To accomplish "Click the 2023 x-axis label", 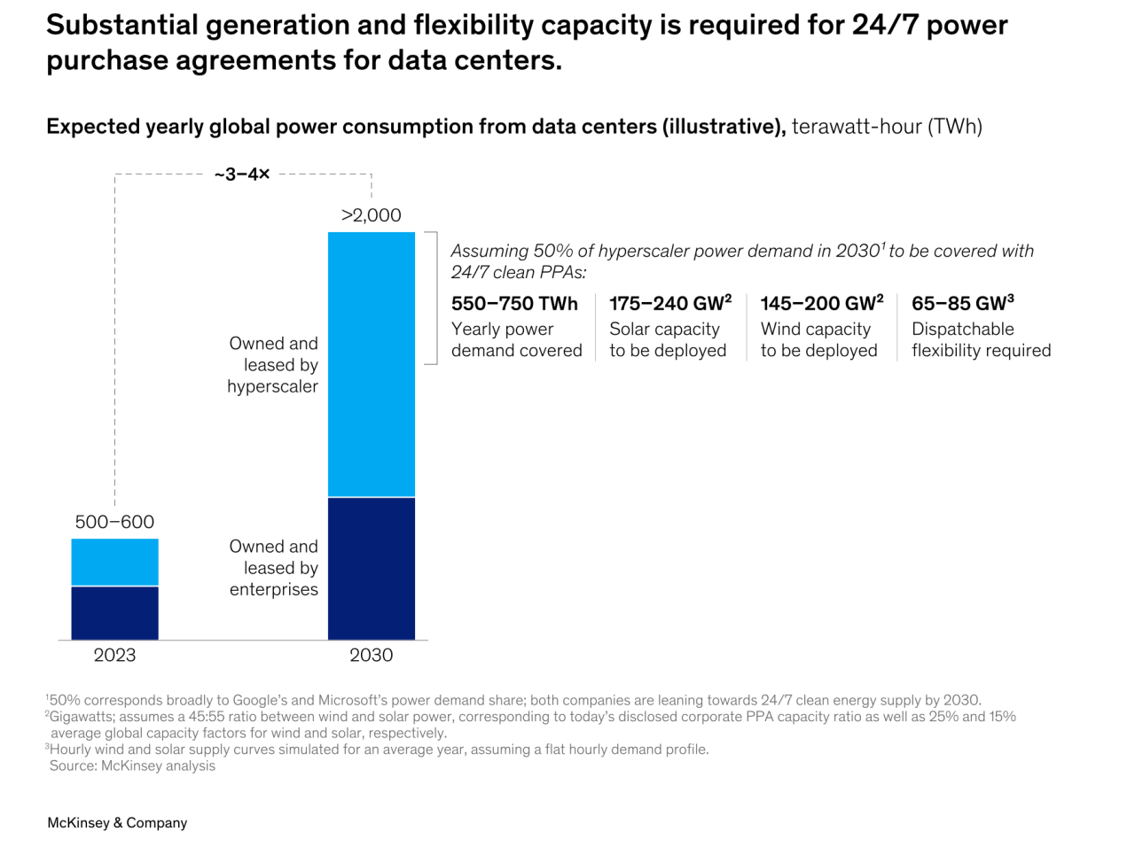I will pyautogui.click(x=115, y=656).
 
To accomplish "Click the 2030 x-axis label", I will pyautogui.click(x=371, y=656).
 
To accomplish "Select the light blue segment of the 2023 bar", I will pyautogui.click(x=115, y=563).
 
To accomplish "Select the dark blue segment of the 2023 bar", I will pyautogui.click(x=115, y=613).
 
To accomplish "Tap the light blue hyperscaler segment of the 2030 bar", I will pyautogui.click(x=371, y=364).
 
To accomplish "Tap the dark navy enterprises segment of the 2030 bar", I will pyautogui.click(x=371, y=569).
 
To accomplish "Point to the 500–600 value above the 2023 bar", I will pyautogui.click(x=114, y=522).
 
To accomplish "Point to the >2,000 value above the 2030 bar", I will pyautogui.click(x=371, y=215).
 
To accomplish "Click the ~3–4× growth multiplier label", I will pyautogui.click(x=242, y=175).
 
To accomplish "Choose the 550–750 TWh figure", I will pyautogui.click(x=514, y=304).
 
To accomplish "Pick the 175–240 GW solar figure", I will pyautogui.click(x=669, y=304).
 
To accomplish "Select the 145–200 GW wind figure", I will pyautogui.click(x=822, y=304).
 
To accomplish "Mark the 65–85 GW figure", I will pyautogui.click(x=963, y=304).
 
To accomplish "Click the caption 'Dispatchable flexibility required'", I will pyautogui.click(x=981, y=340).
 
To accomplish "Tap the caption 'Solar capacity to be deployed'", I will pyautogui.click(x=668, y=340).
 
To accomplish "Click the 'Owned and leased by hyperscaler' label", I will pyautogui.click(x=273, y=365).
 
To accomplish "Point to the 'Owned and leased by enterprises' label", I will pyautogui.click(x=273, y=568).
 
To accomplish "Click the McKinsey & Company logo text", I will pyautogui.click(x=117, y=823).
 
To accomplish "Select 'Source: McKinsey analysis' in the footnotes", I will pyautogui.click(x=132, y=765).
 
